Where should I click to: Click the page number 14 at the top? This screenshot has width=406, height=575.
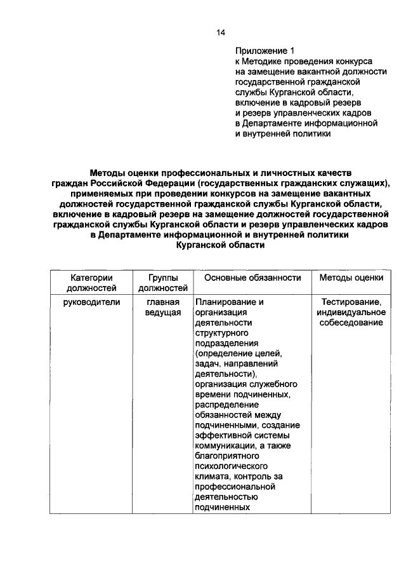click(220, 32)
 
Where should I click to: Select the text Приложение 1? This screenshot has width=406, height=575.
click(265, 50)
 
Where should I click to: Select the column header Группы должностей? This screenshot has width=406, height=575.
click(163, 283)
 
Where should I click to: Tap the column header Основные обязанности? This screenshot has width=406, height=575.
click(252, 278)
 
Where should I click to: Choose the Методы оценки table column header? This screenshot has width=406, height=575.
click(351, 278)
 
